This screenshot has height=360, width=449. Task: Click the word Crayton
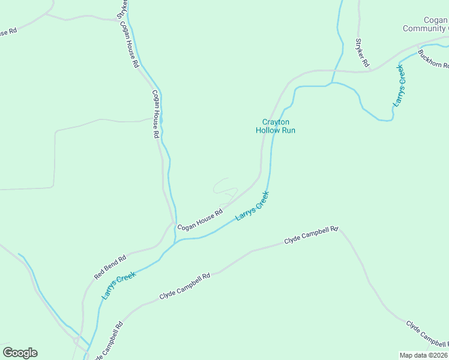click(x=276, y=122)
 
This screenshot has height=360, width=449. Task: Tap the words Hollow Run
click(x=276, y=130)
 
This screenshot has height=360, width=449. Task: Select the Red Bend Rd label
click(x=110, y=268)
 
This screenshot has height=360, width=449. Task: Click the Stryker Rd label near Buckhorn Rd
click(x=361, y=52)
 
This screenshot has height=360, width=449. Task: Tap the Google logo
click(x=20, y=353)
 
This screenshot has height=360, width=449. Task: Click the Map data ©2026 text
click(x=423, y=355)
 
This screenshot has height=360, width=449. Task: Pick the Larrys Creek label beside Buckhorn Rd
click(x=400, y=85)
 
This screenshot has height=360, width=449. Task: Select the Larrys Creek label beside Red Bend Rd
click(x=118, y=286)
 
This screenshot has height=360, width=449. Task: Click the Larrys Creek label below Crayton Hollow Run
click(x=252, y=206)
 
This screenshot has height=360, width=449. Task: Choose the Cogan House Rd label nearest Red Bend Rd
click(x=200, y=219)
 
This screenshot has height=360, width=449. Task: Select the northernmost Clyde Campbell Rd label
click(x=311, y=235)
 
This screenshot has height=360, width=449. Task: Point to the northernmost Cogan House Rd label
click(x=129, y=44)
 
